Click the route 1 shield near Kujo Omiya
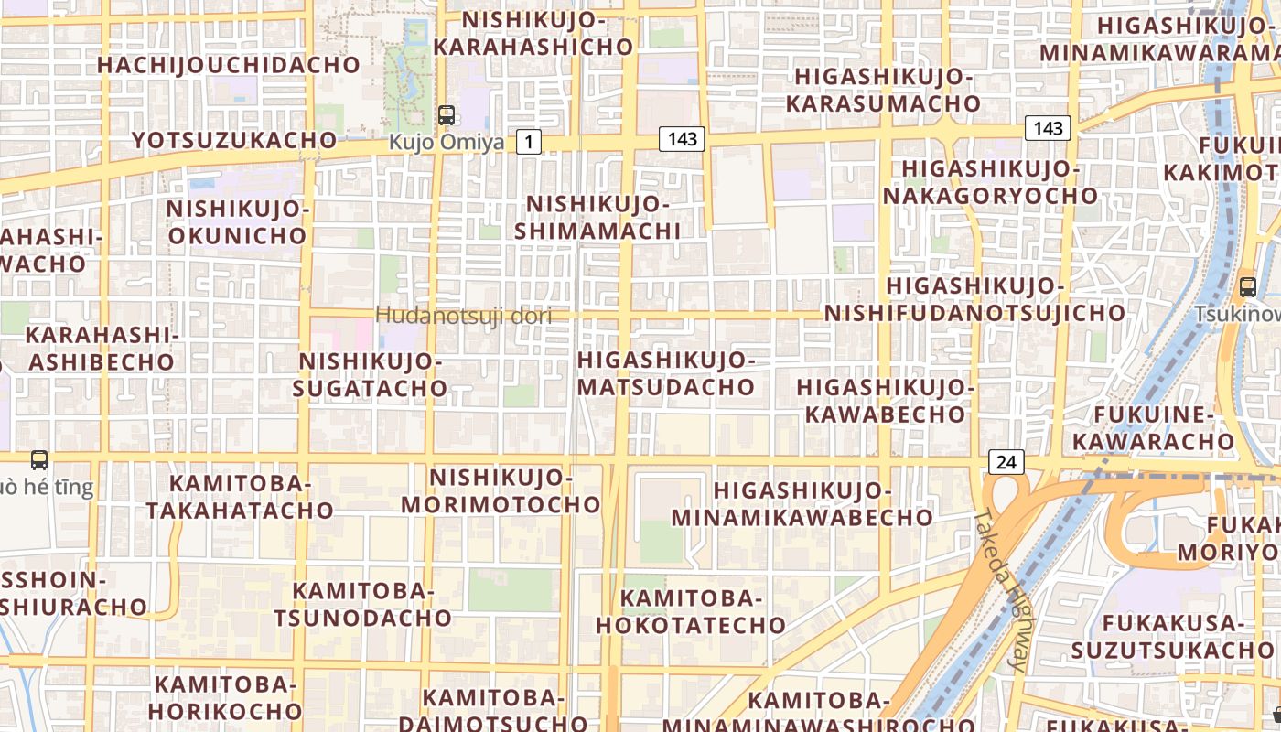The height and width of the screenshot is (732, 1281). point(529,142)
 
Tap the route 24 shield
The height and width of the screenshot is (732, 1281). point(1006,462)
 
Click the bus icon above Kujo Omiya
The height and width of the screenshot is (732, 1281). point(447,115)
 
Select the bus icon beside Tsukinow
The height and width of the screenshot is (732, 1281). point(1248,286)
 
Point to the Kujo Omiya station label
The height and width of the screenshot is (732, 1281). point(447,143)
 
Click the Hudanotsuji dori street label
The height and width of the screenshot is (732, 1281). point(464,317)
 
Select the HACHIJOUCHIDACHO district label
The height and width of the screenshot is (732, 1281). point(229,65)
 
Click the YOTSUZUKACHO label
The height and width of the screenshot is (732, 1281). point(234,140)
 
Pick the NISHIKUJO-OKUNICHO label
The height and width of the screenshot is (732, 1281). point(238,221)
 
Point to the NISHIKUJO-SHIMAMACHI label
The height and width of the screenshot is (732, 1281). point(597,217)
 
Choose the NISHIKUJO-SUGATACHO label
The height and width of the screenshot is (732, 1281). point(371,375)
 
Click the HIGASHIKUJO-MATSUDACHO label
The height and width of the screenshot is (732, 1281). point(666,373)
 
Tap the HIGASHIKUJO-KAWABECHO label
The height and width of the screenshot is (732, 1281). point(885,401)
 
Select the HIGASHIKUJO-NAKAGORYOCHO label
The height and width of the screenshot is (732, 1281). point(990,182)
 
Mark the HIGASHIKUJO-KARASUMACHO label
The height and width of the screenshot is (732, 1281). point(883,90)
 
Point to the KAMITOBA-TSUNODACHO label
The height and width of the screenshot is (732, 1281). point(362,604)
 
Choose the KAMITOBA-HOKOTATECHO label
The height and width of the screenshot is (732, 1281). point(691,612)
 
